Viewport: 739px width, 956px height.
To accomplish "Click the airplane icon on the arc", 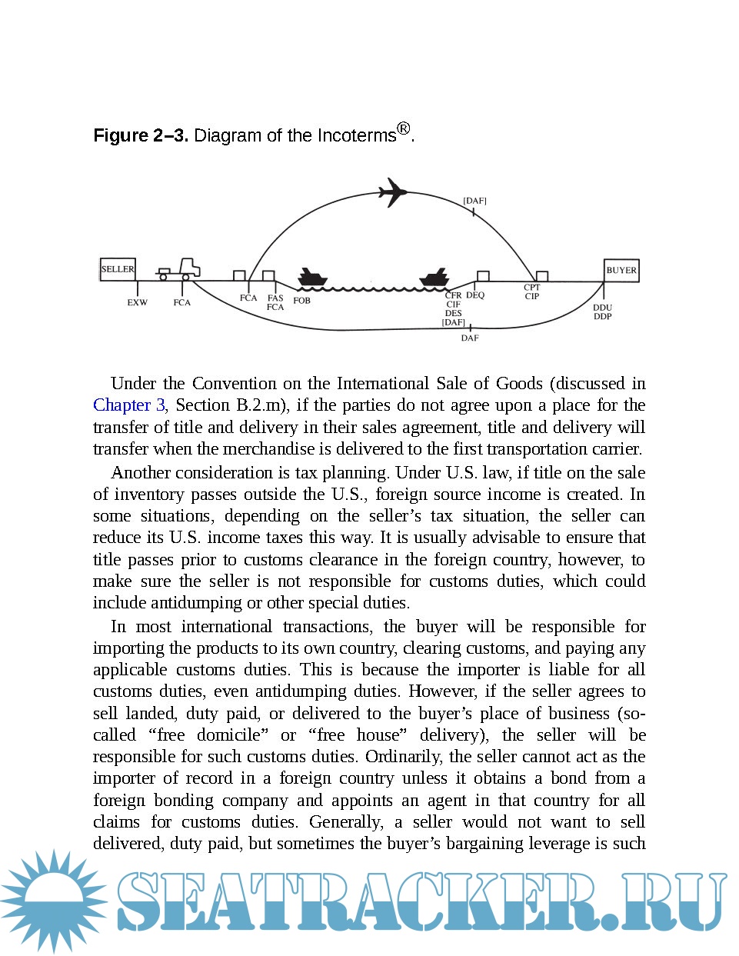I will click(393, 192).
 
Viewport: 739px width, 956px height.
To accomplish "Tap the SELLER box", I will click(118, 269).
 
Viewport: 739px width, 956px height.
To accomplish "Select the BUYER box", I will click(621, 270).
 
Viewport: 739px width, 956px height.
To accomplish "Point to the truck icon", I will click(180, 269).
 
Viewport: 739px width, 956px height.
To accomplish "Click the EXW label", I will click(137, 302).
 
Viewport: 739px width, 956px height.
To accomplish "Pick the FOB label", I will click(302, 301).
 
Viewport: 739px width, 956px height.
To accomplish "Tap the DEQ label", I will click(475, 295).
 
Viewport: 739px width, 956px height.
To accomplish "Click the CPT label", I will click(532, 288).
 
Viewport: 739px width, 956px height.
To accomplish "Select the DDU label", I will click(603, 308).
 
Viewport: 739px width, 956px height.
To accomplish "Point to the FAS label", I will click(275, 298).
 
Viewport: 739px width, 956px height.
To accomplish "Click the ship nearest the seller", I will click(312, 278).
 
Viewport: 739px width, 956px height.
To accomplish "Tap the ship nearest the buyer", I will click(434, 278).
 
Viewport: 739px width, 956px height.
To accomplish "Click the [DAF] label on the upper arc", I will click(474, 201).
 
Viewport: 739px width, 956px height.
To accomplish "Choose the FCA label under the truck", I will click(181, 302).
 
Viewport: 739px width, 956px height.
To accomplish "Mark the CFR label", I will click(454, 295).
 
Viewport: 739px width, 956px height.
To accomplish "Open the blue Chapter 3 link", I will click(128, 405).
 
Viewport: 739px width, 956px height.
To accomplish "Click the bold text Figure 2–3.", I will click(141, 136).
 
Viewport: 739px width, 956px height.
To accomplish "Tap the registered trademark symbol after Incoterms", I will click(404, 128).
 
